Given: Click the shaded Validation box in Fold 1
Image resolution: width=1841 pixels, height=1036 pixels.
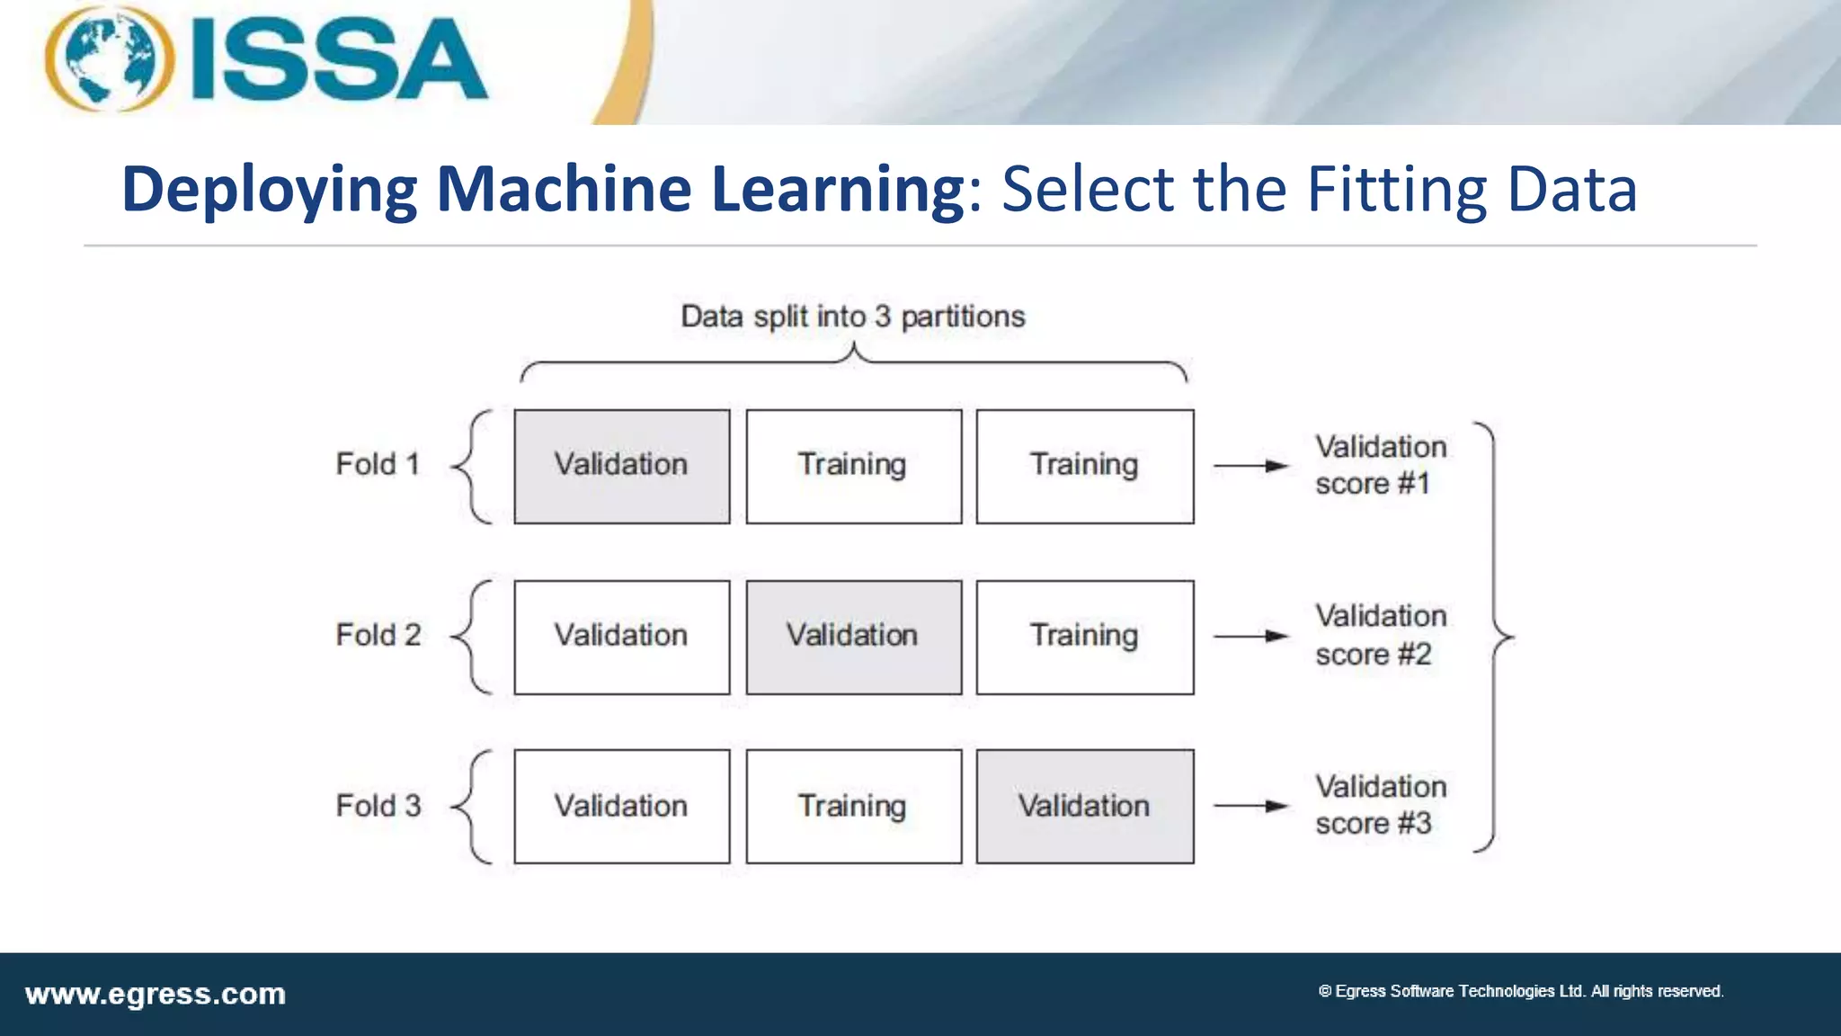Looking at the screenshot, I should click(621, 466).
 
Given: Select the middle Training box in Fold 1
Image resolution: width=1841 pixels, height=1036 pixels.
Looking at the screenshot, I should click(853, 466).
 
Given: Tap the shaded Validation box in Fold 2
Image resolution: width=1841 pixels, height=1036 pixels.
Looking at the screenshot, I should click(853, 637).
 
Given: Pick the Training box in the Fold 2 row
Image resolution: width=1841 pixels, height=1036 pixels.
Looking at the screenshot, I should click(1085, 637).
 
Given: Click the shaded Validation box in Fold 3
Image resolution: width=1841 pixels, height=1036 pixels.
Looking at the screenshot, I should click(1085, 807).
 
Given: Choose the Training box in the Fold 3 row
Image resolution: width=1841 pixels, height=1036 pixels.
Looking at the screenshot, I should click(853, 807).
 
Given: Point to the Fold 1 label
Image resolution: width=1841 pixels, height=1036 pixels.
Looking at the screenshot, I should click(378, 464).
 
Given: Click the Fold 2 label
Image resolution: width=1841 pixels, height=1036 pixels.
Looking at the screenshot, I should click(378, 635).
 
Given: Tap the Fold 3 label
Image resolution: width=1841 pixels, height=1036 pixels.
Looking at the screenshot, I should click(378, 806).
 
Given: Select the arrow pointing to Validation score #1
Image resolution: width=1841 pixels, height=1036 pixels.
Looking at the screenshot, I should click(1251, 466).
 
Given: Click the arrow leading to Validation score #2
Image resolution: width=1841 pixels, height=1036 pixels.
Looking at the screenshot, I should click(1251, 636).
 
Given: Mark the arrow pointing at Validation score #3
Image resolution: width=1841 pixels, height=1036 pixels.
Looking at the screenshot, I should click(1251, 806).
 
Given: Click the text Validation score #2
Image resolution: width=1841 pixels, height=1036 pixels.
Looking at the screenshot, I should click(1380, 635).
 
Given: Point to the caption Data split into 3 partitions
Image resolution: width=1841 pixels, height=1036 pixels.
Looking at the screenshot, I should click(852, 317).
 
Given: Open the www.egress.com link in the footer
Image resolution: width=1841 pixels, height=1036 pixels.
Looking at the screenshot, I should click(156, 995).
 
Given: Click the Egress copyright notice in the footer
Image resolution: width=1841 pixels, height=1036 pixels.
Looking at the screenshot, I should click(1520, 991).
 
